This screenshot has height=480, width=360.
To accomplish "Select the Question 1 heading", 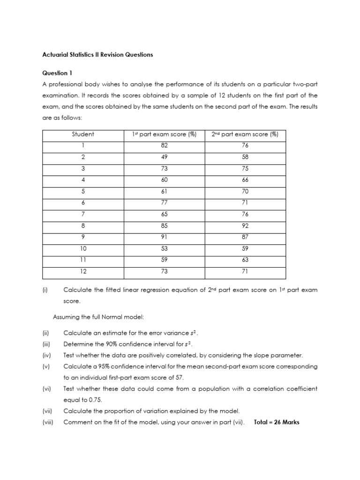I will (58, 73).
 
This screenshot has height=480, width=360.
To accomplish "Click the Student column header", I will (83, 135).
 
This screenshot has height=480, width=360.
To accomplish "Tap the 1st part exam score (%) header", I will (164, 135).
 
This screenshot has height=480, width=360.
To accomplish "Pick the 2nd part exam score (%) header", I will (245, 135).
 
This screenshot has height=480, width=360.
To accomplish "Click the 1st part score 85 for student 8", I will (164, 225).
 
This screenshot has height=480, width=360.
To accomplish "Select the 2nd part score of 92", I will (245, 225).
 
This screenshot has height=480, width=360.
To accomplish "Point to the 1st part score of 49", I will (164, 157).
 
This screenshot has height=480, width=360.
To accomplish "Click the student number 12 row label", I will (83, 271).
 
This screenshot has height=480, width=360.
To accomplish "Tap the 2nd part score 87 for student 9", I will (245, 237).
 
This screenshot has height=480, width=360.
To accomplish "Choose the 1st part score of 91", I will (164, 237).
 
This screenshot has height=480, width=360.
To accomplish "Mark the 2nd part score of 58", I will (245, 157).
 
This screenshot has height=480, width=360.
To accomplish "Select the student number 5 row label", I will (83, 191).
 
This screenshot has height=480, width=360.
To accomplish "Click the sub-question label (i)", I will (45, 290).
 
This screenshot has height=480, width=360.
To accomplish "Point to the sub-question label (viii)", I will (48, 422).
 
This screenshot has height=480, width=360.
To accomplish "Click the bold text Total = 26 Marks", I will (276, 422).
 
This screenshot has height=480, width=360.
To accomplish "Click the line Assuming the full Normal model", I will (98, 317).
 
